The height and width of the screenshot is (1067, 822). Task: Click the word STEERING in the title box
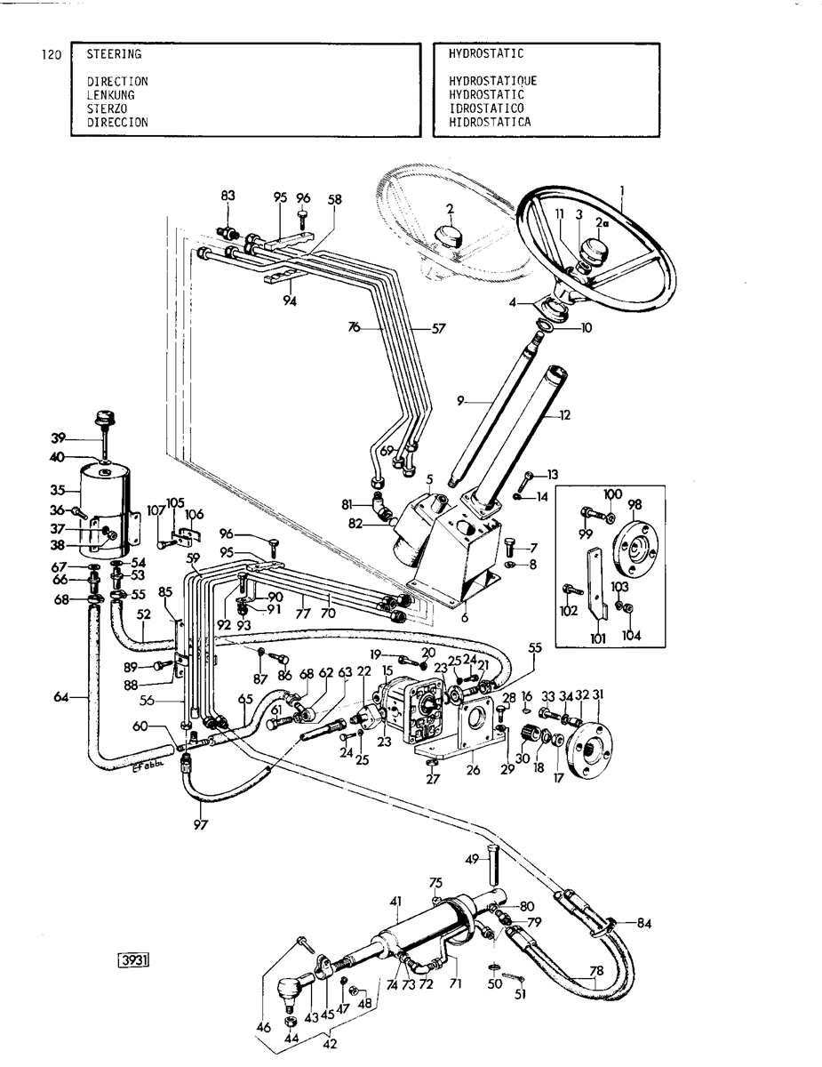114,54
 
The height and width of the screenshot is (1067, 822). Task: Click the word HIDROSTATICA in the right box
489,122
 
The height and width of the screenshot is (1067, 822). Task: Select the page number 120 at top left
51,55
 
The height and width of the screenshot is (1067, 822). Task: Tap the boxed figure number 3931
134,960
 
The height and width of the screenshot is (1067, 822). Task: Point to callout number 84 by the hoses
644,924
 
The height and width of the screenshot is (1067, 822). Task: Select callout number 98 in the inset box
634,505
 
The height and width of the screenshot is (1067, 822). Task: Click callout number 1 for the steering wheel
622,189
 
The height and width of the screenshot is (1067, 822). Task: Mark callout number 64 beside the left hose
60,697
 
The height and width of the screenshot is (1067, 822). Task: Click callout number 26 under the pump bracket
474,771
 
